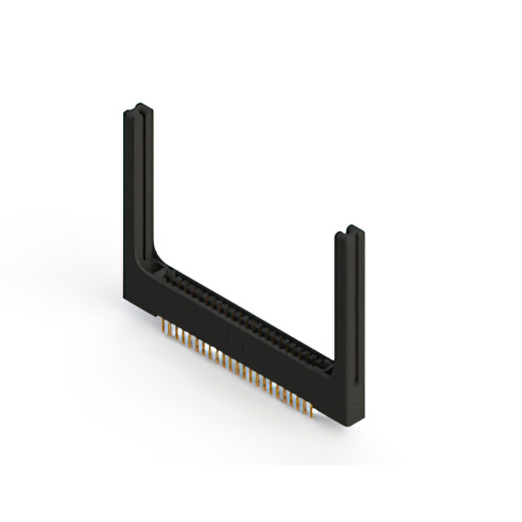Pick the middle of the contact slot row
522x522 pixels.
pyautogui.click(x=245, y=319)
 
